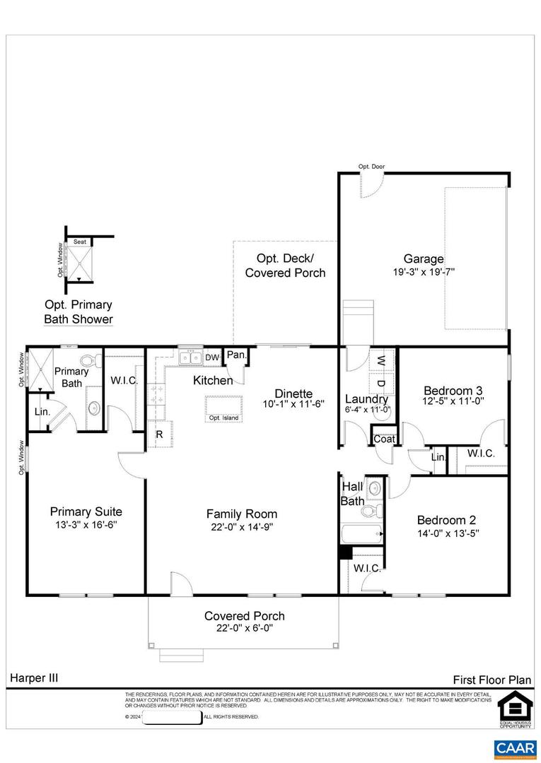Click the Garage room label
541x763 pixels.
[x=424, y=259]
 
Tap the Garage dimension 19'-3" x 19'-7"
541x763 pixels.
[x=424, y=272]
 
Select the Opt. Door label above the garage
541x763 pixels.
[x=371, y=167]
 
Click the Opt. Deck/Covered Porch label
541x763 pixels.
[x=285, y=266]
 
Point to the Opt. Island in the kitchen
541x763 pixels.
[x=223, y=408]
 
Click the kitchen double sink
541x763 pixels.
[x=190, y=358]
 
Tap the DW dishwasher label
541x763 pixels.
[x=212, y=358]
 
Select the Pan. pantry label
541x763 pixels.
[x=235, y=355]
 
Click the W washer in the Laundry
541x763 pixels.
[x=381, y=361]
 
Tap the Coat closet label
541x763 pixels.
[x=384, y=439]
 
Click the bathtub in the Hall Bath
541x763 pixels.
[x=361, y=533]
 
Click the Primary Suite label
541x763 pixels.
[x=86, y=512]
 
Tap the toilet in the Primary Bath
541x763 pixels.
[x=90, y=362]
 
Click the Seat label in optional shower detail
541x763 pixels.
[x=80, y=242]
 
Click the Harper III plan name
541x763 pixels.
[x=34, y=678]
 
